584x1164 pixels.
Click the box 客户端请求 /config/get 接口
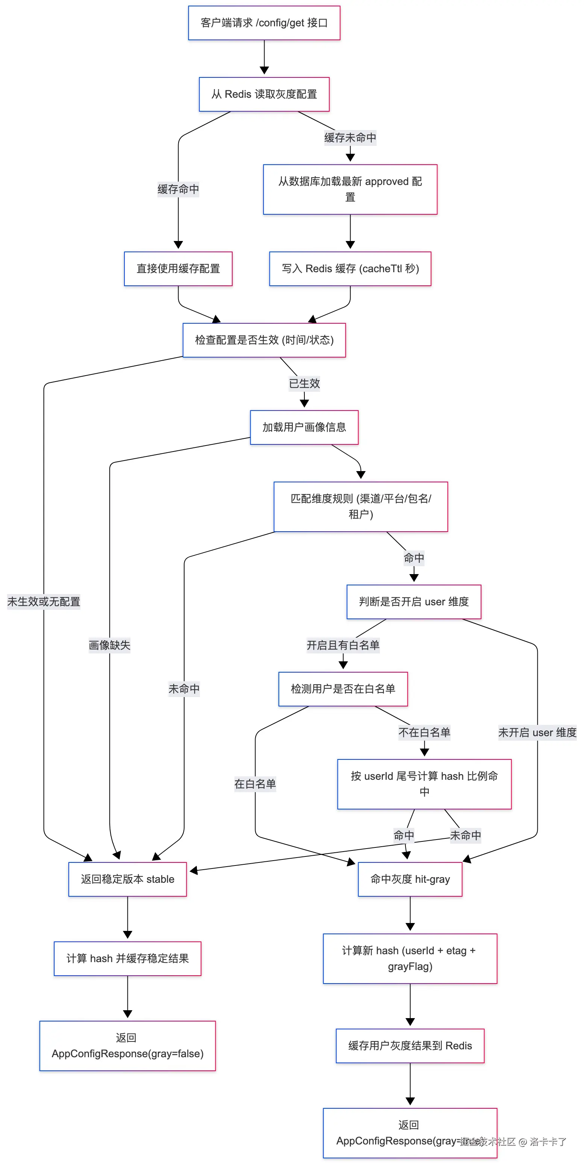pos(264,23)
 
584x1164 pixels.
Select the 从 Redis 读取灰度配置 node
pos(264,94)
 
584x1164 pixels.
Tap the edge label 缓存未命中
pos(350,137)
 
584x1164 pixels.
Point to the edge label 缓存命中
pos(178,189)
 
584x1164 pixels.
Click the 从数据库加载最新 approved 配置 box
pos(350,189)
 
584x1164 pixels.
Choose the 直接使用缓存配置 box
pos(178,268)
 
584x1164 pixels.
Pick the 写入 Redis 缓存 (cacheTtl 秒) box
pos(350,268)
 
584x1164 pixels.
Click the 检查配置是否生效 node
pos(264,340)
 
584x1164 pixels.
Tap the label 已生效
pos(304,383)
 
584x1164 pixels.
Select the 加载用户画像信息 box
pos(304,427)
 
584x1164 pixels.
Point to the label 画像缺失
pos(109,645)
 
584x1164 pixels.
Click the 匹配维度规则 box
pos(360,506)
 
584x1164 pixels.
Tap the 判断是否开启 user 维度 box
pos(414,602)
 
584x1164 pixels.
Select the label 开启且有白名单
pos(343,645)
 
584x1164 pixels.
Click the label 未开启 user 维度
pos(537,732)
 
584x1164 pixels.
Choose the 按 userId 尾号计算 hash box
pos(424,784)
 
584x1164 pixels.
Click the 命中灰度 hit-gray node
pos(410,879)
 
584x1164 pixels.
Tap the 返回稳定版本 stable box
pos(127,879)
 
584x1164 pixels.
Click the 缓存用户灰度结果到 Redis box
pos(410,1046)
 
